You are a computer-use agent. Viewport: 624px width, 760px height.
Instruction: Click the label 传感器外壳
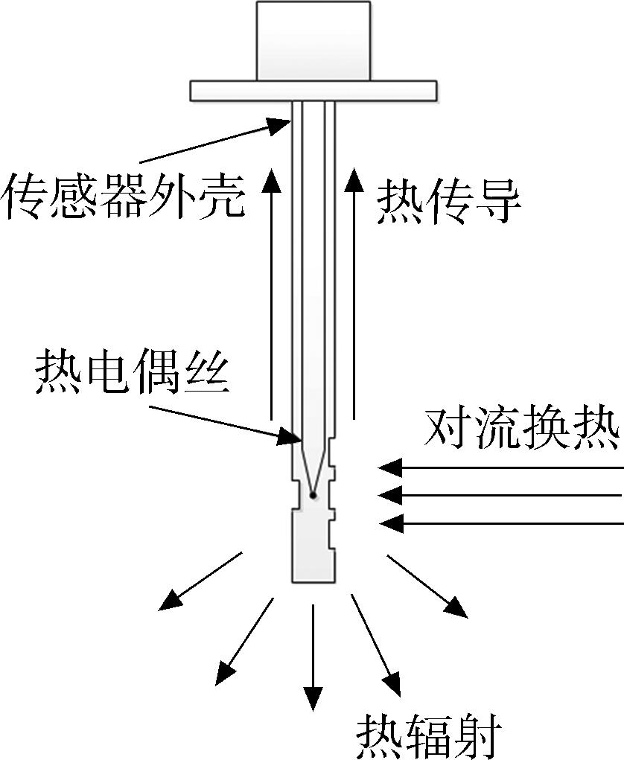coord(124,195)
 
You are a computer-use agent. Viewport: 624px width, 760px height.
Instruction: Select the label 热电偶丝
coord(132,372)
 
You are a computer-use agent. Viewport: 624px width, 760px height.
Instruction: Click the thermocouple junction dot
coord(313,495)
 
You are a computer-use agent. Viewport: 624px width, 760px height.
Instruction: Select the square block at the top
coord(313,41)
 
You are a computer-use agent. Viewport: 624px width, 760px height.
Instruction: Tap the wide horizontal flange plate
coord(313,91)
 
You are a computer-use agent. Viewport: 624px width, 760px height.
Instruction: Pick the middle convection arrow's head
coord(390,495)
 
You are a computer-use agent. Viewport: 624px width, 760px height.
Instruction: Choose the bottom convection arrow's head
coord(390,523)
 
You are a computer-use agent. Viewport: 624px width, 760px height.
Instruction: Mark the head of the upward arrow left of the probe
coord(272,180)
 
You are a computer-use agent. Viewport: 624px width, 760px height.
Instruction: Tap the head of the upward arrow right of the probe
coord(354,180)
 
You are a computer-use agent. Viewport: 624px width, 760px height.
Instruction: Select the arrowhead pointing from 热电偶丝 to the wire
coord(289,438)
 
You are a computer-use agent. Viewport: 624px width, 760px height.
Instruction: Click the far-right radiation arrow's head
coord(456,608)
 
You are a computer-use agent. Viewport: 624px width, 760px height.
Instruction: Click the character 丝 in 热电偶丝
coord(207,372)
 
